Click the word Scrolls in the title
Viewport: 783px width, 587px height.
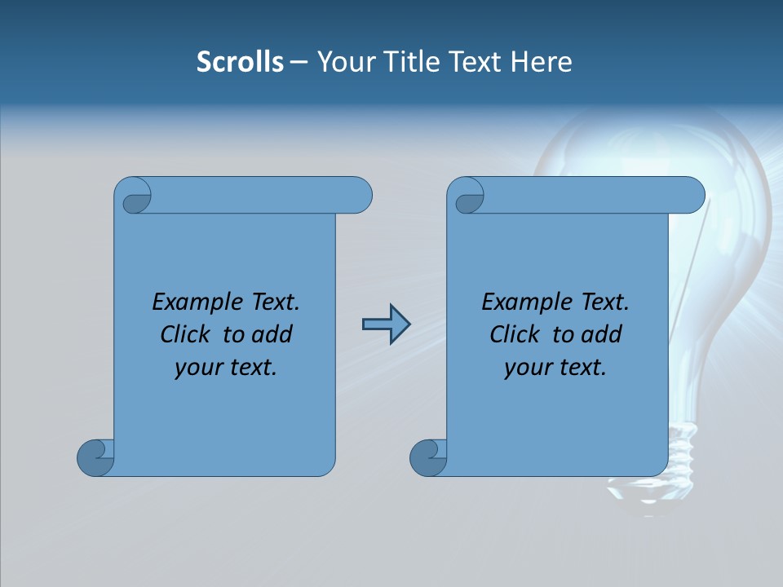pos(240,61)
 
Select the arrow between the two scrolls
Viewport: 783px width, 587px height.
pos(385,324)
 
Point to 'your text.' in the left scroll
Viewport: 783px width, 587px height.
pos(226,368)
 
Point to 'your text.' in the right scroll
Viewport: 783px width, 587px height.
pos(555,368)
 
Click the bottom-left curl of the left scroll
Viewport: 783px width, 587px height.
pos(95,458)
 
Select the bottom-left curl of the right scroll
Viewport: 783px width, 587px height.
pos(428,458)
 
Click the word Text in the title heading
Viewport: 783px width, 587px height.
pos(474,61)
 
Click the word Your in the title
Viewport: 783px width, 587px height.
pos(343,61)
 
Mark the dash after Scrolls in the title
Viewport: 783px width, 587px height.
pos(299,62)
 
